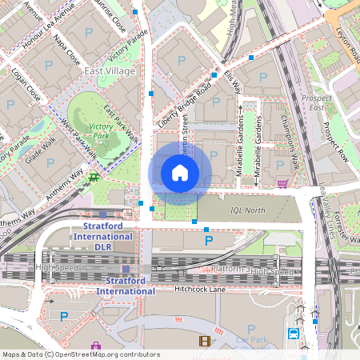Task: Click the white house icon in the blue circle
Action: [x=180, y=173]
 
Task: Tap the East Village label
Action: [x=110, y=71]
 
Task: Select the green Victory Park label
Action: [x=102, y=131]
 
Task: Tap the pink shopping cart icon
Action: [x=282, y=183]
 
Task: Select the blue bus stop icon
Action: [x=294, y=334]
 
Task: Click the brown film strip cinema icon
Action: [x=204, y=342]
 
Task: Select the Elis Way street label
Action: [x=232, y=83]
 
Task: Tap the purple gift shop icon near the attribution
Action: [x=96, y=346]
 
